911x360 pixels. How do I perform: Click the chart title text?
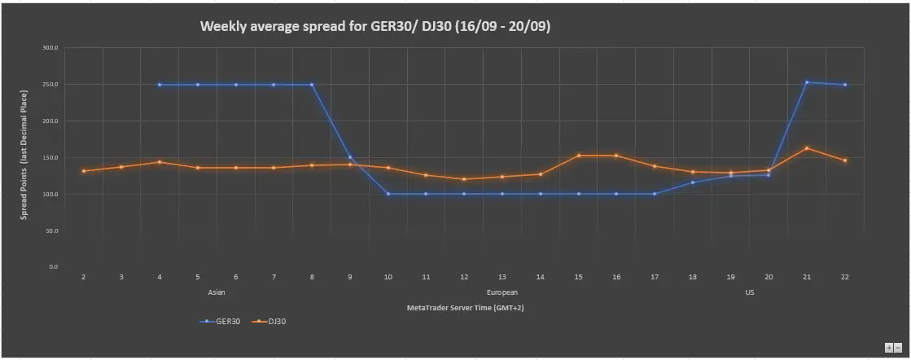point(375,26)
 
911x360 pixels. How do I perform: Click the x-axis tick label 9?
point(350,277)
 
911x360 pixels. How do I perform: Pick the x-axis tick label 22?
point(845,277)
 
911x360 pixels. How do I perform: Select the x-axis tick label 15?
point(578,277)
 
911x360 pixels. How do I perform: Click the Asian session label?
point(216,292)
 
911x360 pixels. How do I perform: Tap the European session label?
point(502,292)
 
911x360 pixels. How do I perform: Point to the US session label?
point(750,292)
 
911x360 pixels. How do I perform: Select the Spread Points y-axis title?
point(24,155)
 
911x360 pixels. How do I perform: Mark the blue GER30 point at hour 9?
point(350,157)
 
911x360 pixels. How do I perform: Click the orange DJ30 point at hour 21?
point(807,147)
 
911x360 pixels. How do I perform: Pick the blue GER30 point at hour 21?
point(807,82)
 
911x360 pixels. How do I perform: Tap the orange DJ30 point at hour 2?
point(84,171)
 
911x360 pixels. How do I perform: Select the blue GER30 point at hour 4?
point(160,85)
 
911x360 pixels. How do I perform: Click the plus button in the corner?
point(888,347)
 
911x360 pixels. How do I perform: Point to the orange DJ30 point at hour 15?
point(579,156)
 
